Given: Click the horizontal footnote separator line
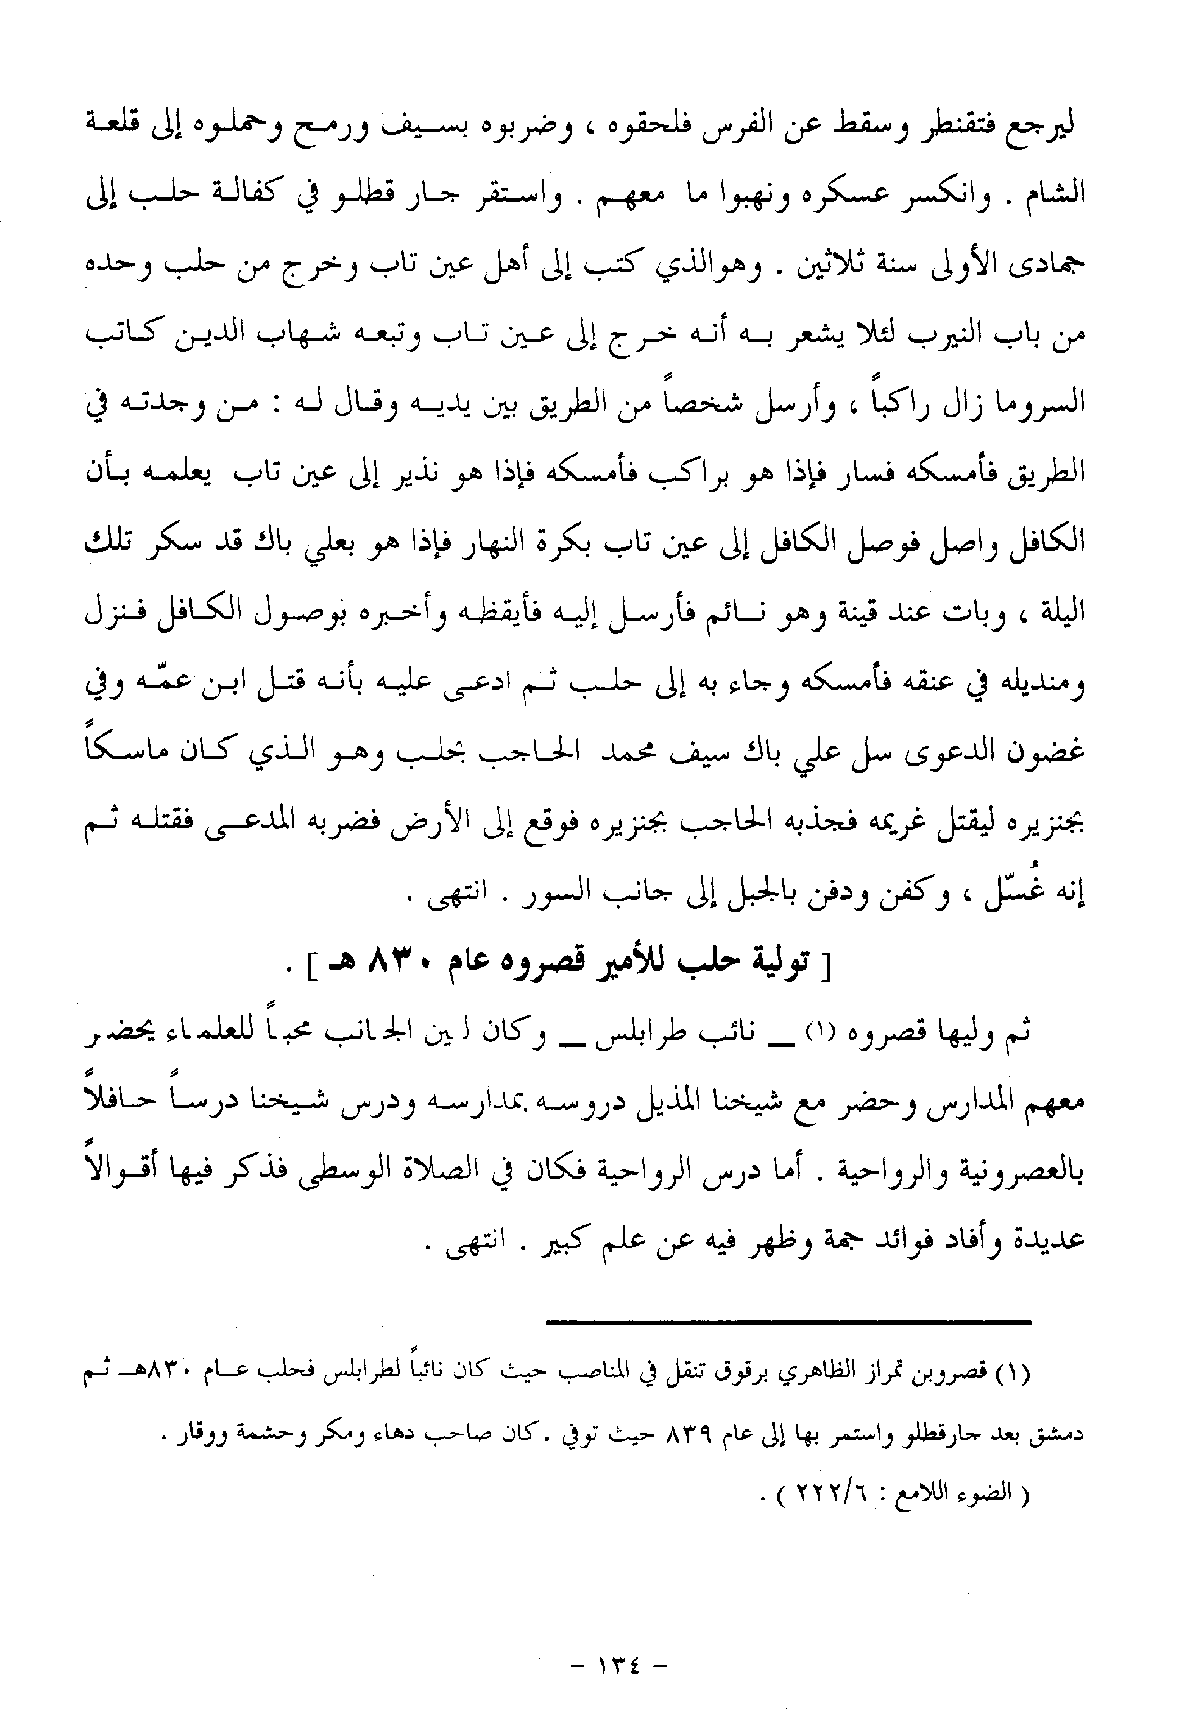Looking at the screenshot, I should (x=788, y=1320).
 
